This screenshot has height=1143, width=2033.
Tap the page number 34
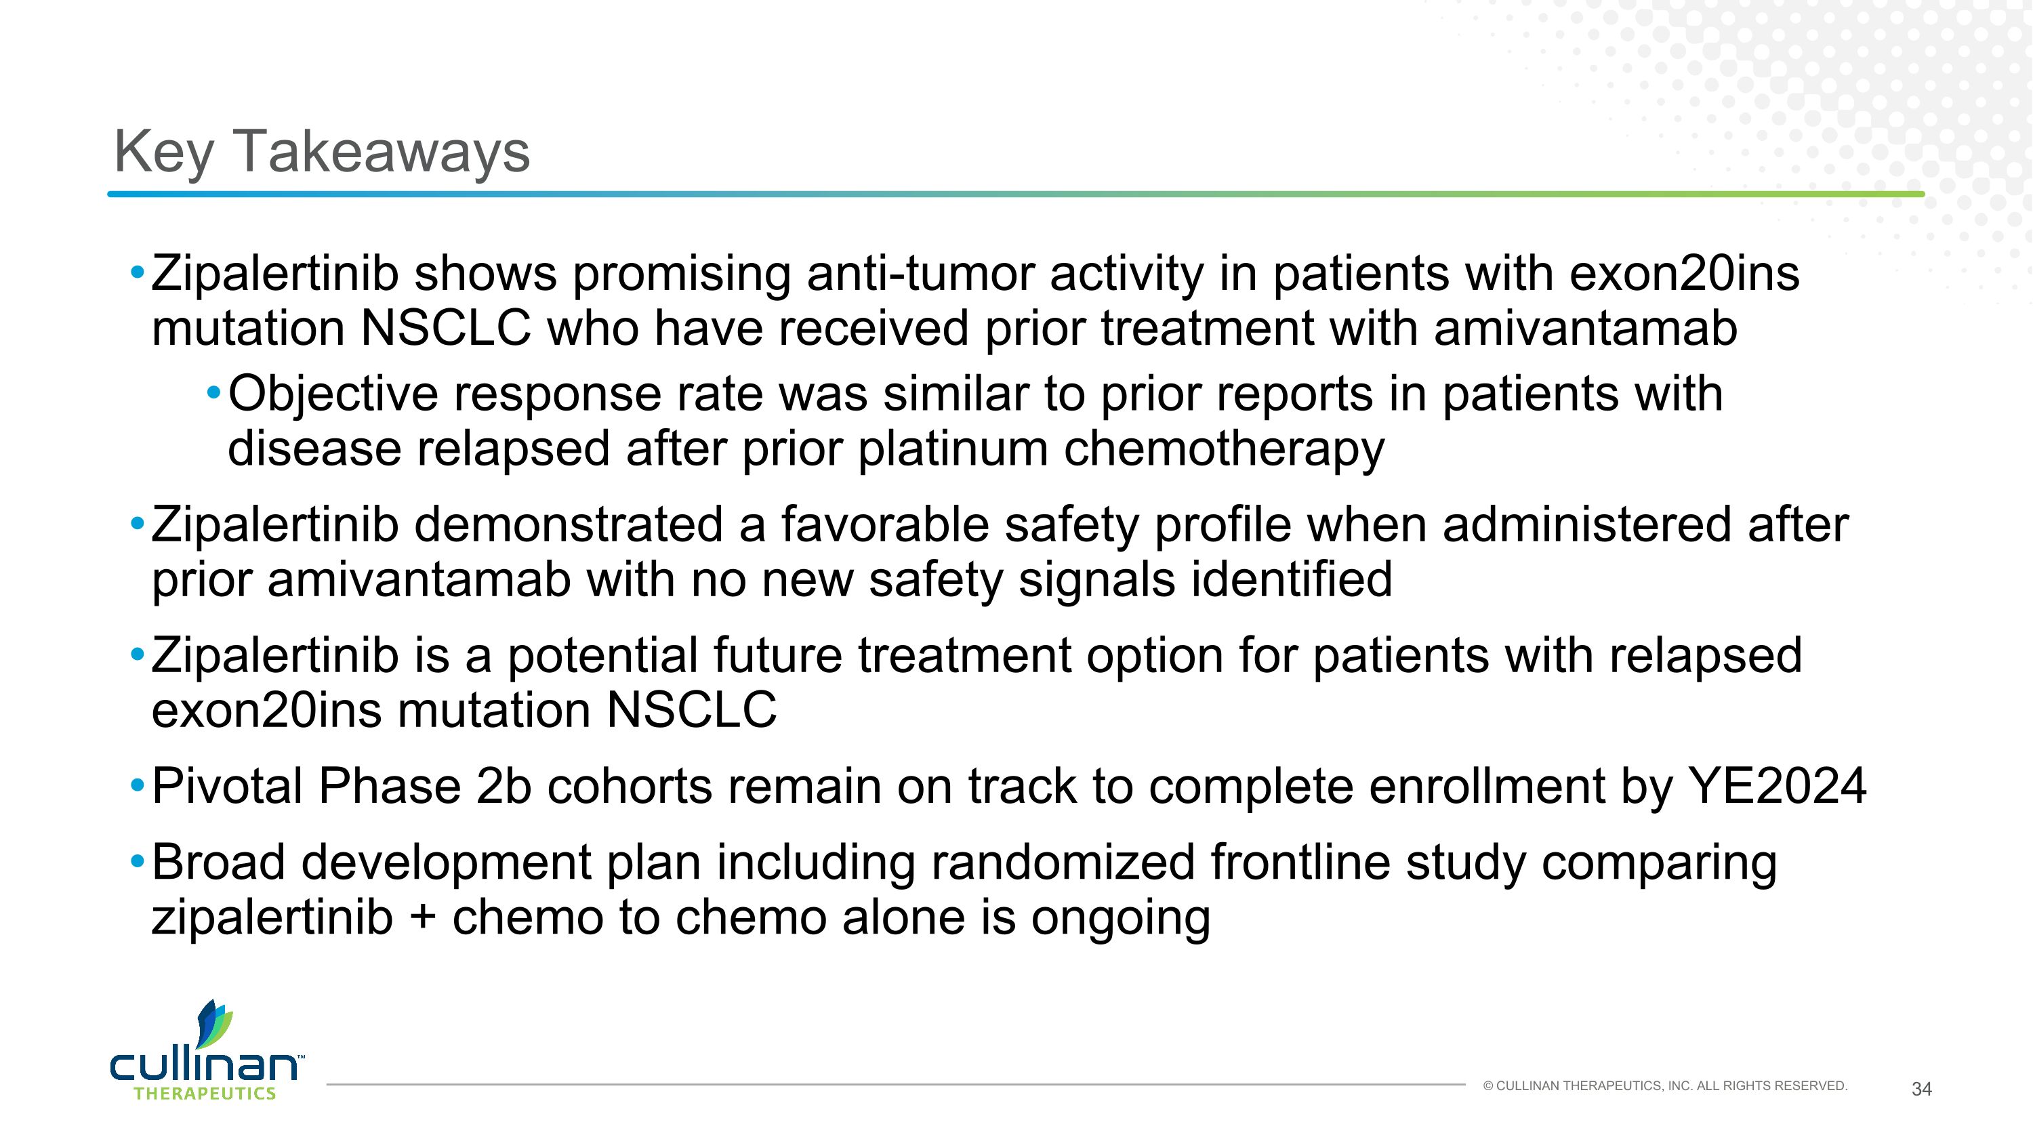[x=1921, y=1089]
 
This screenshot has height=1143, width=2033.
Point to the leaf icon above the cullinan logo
[x=214, y=1023]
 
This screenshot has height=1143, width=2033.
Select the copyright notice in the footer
[x=1665, y=1086]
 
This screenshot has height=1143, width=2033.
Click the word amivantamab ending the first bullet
[x=1585, y=329]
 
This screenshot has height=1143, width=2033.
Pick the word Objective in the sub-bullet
[x=332, y=394]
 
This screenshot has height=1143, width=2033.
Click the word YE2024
[x=1777, y=787]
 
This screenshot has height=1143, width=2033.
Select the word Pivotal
[x=226, y=787]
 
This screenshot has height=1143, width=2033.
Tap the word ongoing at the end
[x=1120, y=920]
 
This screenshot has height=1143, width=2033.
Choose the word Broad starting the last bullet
[x=219, y=863]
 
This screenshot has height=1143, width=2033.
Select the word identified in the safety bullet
[x=1291, y=580]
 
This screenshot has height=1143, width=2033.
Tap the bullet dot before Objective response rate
[x=213, y=392]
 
